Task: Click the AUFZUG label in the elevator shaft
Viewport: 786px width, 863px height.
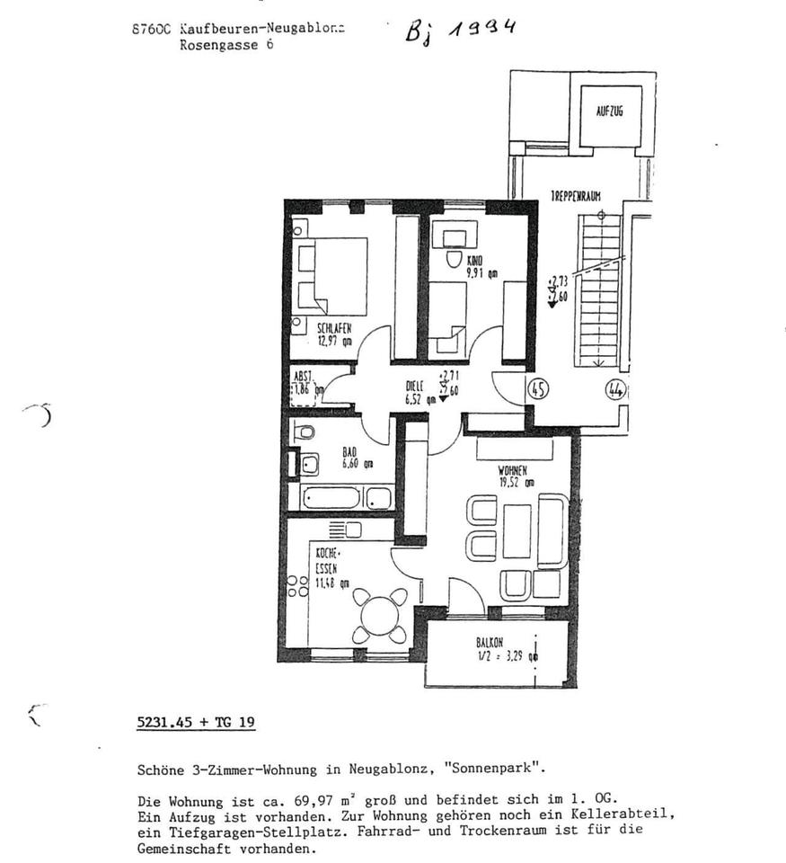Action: [609, 114]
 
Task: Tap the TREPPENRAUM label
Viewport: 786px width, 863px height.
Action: [577, 194]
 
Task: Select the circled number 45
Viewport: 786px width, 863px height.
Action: [539, 388]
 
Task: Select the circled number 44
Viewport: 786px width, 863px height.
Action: [615, 389]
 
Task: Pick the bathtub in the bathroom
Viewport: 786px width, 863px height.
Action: [346, 497]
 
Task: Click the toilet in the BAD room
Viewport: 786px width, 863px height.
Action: [305, 433]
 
